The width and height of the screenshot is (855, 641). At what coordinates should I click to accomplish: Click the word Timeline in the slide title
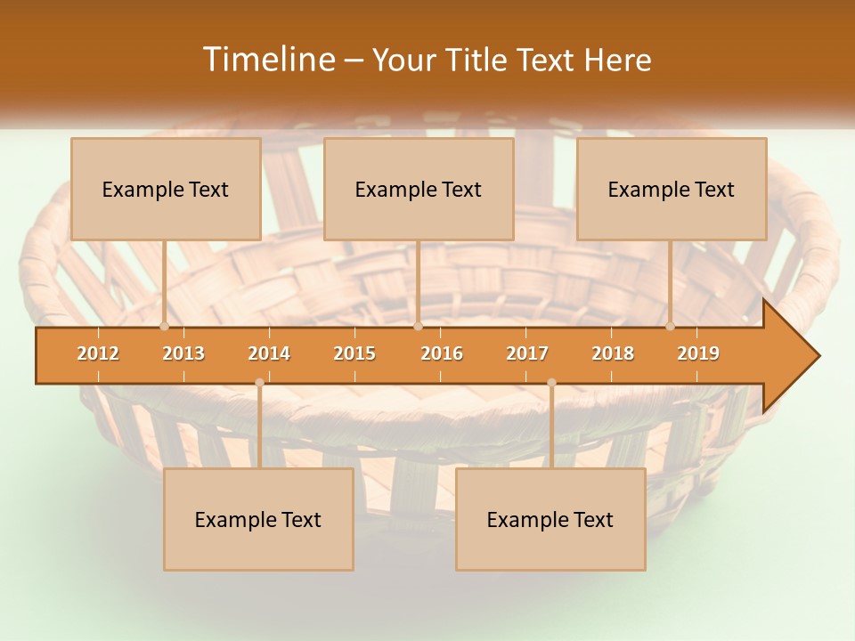click(267, 60)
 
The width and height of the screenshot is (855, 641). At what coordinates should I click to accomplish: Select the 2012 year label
click(98, 353)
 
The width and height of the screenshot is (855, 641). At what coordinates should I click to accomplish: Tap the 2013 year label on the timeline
click(183, 353)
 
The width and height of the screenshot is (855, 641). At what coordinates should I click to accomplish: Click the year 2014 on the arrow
click(269, 353)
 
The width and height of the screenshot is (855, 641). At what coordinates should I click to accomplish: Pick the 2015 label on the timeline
click(354, 353)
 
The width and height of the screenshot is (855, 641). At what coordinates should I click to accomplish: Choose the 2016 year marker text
click(442, 353)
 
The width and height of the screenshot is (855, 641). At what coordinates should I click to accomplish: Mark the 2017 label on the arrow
click(527, 353)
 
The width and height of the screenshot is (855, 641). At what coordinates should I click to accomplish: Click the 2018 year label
click(613, 353)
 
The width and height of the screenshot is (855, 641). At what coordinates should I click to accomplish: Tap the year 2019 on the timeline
click(698, 353)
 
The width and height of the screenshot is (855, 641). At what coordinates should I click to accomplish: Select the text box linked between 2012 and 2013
click(166, 189)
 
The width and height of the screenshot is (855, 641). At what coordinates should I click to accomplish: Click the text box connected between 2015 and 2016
click(419, 189)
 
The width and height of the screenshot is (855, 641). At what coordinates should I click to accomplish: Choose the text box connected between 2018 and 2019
click(672, 189)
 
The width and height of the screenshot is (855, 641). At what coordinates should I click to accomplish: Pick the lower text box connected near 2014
click(258, 519)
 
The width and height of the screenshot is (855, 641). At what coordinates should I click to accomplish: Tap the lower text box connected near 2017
click(550, 519)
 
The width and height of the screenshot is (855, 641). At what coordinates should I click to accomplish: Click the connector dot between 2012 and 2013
click(164, 327)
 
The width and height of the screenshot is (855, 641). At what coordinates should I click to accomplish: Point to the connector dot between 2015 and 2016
click(418, 327)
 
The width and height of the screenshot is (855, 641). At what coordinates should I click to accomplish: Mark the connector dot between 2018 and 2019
click(670, 327)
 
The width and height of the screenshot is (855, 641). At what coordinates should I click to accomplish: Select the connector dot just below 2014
click(259, 383)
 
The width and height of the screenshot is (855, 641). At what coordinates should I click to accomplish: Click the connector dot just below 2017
click(551, 383)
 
